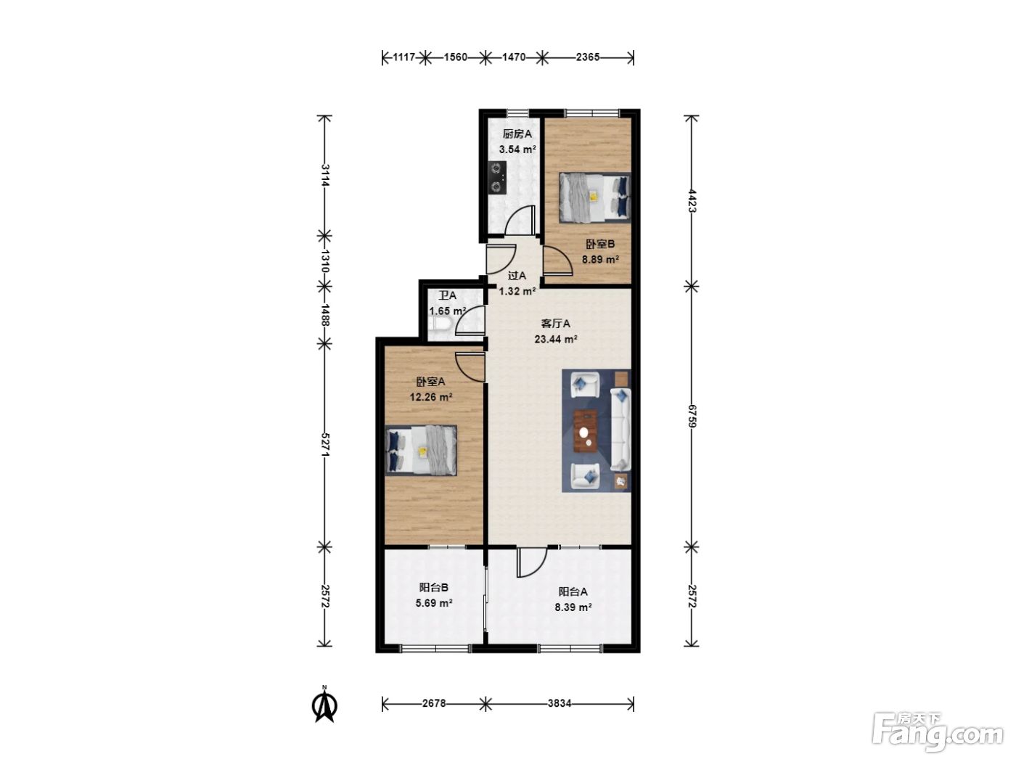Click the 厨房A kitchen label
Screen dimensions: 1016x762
pos(517,134)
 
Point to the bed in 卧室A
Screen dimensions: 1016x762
pos(421,450)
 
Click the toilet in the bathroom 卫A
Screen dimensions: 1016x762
pos(439,325)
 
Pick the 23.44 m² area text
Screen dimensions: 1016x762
pos(555,339)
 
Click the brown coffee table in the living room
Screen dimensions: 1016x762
pos(585,431)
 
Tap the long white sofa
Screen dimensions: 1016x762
pos(620,430)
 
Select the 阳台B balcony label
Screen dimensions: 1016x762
pos(434,588)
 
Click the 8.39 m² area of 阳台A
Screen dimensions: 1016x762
pos(573,607)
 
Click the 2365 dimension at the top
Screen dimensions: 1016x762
pos(588,57)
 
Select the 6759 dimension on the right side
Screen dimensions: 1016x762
pos(692,417)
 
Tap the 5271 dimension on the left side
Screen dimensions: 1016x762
pos(325,445)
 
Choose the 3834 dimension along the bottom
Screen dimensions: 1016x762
pos(559,704)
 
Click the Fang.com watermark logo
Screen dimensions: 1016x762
pos(938,732)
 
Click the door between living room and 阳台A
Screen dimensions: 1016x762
pos(532,562)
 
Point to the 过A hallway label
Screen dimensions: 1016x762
pos(517,276)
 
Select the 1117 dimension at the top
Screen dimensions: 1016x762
pos(403,57)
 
